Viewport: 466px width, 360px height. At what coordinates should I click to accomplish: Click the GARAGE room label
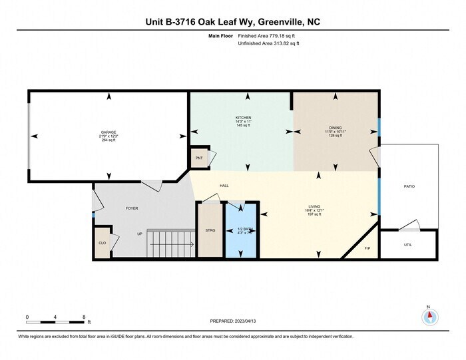pos(109,132)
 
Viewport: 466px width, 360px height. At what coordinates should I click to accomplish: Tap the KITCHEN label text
pos(243,118)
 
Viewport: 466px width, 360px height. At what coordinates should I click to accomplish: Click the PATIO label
pos(409,186)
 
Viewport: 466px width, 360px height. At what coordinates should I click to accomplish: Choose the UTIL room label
pos(408,244)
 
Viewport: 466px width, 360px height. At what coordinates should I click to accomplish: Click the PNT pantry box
pos(198,159)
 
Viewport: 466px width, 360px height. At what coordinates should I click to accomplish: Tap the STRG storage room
pos(210,230)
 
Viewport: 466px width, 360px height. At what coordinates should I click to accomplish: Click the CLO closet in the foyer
pos(102,243)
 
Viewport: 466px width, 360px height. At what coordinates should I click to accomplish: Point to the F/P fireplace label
pos(367,249)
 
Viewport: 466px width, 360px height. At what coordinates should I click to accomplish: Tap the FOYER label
pos(132,208)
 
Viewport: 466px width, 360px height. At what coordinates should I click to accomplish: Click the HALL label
pos(224,186)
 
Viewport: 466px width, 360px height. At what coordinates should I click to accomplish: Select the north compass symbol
pos(430,317)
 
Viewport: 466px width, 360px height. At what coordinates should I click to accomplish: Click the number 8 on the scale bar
pos(83,317)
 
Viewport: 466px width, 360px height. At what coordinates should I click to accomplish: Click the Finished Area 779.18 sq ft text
pos(268,35)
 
